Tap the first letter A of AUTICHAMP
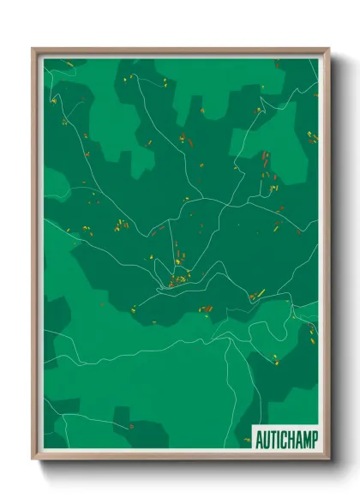[259, 440]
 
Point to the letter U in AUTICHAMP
[266, 440]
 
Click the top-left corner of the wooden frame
[33, 49]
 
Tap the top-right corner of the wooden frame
[328, 49]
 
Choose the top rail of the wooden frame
[181, 50]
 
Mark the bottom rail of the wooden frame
[181, 459]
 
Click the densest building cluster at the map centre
[178, 279]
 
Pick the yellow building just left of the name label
[246, 440]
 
